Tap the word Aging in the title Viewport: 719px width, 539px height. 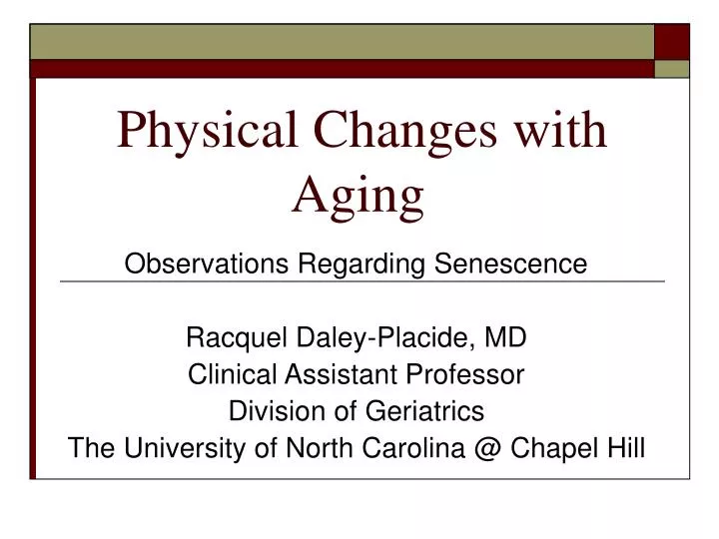(x=358, y=195)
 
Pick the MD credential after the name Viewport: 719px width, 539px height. (x=506, y=338)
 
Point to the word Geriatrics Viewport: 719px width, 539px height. (x=430, y=410)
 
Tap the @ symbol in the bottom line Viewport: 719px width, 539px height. (x=488, y=448)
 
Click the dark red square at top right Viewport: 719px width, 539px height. (x=672, y=41)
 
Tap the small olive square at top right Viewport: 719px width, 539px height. (x=672, y=69)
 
